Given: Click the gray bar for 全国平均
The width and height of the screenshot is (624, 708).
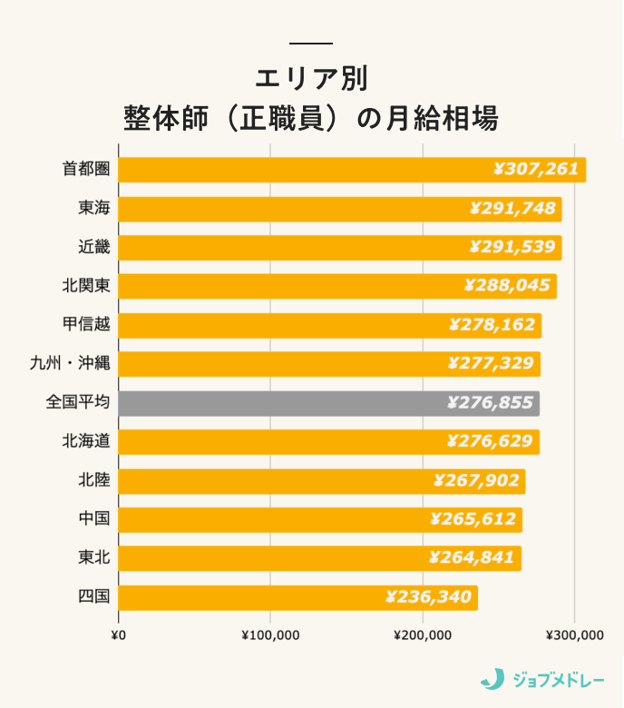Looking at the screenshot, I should coord(328,404).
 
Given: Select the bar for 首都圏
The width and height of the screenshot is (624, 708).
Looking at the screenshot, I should coord(352,170).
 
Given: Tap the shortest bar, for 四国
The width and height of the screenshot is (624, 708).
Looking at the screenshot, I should coord(297,597).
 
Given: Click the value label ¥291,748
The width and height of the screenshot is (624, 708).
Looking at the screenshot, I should coord(512,209).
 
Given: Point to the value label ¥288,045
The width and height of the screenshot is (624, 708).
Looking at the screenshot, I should coord(507,286).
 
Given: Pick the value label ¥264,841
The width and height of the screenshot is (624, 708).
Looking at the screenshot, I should coord(472,558).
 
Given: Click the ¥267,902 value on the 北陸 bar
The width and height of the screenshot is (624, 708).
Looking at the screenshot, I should coord(475,481).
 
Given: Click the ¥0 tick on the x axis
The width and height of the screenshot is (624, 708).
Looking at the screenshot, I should coord(118,635).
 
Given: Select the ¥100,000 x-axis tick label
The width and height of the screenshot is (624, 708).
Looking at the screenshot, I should coord(270,635).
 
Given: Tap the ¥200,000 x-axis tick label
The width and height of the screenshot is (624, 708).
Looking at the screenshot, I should coord(423,635).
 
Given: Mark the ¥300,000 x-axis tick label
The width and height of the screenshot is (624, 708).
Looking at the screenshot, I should coord(575,635).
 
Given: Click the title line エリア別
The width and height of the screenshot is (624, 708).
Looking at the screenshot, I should coord(311,78).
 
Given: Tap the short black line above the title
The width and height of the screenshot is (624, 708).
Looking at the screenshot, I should coord(311,44).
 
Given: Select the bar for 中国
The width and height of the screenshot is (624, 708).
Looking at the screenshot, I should coord(320,520).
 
